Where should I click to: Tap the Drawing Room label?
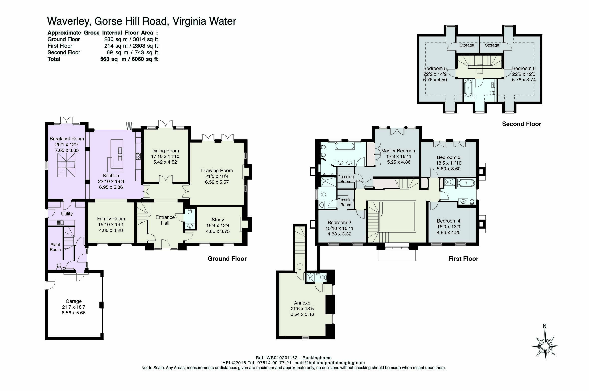[x=217, y=171]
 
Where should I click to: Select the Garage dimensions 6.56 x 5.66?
[x=74, y=313]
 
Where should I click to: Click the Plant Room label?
[x=55, y=247]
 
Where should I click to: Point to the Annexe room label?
[x=302, y=303]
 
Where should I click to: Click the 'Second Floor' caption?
[x=521, y=124]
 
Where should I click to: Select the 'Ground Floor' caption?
[x=227, y=259]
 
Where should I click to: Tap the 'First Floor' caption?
[x=463, y=259]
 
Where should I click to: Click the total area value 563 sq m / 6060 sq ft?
[x=129, y=59]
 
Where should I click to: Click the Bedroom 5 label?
[x=435, y=68]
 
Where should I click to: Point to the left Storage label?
[x=467, y=45]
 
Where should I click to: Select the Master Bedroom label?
[x=399, y=151]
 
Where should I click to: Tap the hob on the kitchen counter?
[x=138, y=157]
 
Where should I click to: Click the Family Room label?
[x=111, y=219]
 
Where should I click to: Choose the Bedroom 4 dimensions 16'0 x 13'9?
[x=448, y=227]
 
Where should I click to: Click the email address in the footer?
[x=330, y=363]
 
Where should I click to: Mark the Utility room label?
[x=67, y=214]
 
